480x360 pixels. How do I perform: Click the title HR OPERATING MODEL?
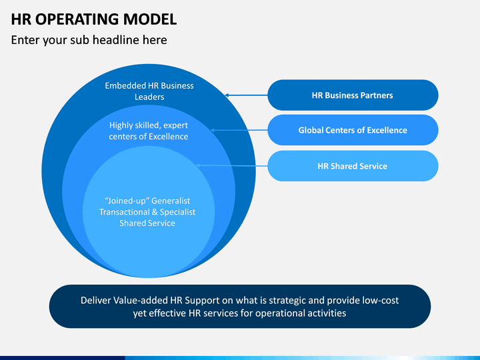coord(94,19)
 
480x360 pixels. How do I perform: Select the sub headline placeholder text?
coord(89,40)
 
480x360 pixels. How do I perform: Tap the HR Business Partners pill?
coord(353,95)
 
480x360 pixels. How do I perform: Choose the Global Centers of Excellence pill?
coord(353,130)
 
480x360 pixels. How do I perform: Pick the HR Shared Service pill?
coord(353,166)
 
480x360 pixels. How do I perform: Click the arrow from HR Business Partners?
coord(247,95)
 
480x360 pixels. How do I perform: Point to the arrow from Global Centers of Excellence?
coord(239,130)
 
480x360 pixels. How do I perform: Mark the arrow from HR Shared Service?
coord(232,165)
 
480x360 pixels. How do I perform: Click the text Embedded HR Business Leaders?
coord(149,91)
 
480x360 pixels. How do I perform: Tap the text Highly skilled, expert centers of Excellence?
coord(149,131)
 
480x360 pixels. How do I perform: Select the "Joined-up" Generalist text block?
coord(147,212)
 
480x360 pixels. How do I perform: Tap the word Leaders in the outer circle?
coord(149,97)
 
